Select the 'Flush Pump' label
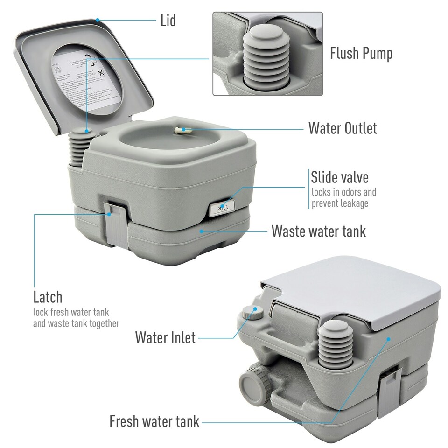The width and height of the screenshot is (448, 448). click(361, 53)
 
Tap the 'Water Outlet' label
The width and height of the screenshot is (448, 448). click(342, 128)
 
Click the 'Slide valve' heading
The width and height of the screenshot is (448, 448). click(340, 177)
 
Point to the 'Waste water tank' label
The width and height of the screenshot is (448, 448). click(319, 231)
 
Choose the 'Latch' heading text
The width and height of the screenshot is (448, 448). click(48, 297)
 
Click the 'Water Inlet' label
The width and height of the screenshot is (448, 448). click(165, 337)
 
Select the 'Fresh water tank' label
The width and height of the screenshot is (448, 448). click(154, 421)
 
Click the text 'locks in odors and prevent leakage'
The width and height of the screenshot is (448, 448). click(344, 198)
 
